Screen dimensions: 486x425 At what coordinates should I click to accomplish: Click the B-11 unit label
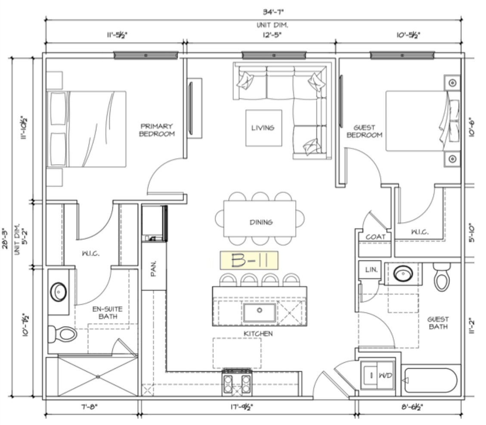[x=249, y=260]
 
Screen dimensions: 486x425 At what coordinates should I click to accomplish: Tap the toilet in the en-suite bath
[x=62, y=334]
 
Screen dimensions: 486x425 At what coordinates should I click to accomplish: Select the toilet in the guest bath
[x=442, y=277]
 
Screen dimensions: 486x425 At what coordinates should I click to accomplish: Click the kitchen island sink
[x=260, y=312]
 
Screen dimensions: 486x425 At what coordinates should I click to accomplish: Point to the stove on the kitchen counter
[x=237, y=382]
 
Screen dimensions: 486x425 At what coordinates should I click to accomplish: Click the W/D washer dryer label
[x=386, y=376]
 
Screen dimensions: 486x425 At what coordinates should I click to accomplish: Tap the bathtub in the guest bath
[x=431, y=380]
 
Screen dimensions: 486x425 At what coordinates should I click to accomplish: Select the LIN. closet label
[x=371, y=270]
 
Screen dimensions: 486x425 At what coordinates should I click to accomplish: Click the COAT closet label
[x=375, y=237]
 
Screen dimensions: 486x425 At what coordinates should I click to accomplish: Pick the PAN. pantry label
[x=153, y=268]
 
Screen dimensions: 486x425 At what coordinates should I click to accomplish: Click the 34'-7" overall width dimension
[x=273, y=12]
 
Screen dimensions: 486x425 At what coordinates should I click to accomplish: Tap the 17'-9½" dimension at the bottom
[x=241, y=407]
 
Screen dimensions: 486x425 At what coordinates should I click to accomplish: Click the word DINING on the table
[x=261, y=222]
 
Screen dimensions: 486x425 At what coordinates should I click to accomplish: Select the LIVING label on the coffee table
[x=263, y=128]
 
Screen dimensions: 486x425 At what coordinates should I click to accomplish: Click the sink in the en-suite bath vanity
[x=58, y=292]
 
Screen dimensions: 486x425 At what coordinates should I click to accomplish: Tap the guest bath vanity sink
[x=403, y=273]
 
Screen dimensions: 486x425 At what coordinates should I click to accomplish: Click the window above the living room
[x=274, y=55]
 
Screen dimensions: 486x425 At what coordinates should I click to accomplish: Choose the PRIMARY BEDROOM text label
[x=157, y=130]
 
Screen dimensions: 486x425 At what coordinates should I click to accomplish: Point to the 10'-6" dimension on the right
[x=471, y=127]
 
